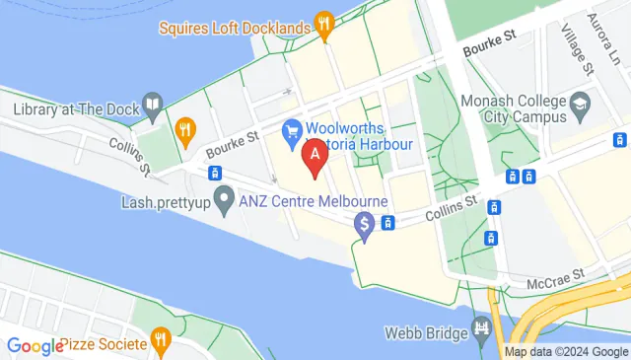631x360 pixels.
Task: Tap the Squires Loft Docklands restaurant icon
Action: [x=322, y=26]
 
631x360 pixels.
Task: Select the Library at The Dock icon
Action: [x=153, y=105]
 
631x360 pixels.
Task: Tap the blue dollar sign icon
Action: [x=365, y=226]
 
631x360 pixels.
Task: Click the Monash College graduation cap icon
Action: [x=581, y=104]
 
